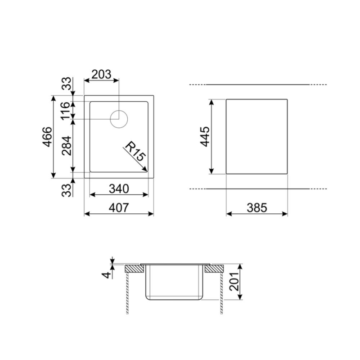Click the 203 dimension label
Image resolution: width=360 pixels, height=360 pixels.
(101, 75)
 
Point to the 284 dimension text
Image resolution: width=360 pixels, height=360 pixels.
(66, 145)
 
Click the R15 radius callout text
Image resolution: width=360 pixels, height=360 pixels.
(134, 151)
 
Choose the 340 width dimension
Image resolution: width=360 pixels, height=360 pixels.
(119, 189)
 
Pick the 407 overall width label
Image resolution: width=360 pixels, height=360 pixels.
(119, 208)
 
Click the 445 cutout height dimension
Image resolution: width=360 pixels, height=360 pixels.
(204, 136)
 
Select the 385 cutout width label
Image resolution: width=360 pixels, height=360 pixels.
(257, 208)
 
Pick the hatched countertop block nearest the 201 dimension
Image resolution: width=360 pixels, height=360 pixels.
(214, 269)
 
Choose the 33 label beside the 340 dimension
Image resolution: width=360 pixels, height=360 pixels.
(66, 189)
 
